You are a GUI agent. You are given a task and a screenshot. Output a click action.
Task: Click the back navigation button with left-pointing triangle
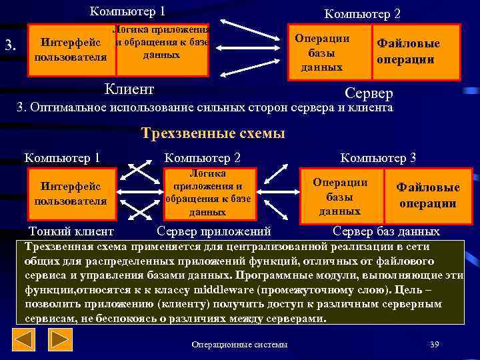click(25, 340)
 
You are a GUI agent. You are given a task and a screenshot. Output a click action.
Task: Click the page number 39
click(435, 344)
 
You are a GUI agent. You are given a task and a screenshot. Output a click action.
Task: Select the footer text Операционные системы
click(239, 344)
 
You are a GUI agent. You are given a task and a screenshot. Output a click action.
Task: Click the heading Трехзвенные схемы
click(213, 133)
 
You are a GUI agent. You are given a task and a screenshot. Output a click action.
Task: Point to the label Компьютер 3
click(378, 158)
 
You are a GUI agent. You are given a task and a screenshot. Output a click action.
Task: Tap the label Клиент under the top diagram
click(130, 89)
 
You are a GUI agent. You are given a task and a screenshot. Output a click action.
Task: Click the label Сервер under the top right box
click(369, 93)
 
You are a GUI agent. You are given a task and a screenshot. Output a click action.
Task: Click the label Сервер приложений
click(213, 232)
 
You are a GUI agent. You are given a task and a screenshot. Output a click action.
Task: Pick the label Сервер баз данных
click(386, 232)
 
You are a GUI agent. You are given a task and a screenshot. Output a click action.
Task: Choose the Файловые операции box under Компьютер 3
click(427, 196)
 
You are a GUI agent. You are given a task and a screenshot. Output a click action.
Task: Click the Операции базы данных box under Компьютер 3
click(340, 196)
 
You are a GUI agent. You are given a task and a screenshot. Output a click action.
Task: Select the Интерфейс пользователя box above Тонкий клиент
click(70, 193)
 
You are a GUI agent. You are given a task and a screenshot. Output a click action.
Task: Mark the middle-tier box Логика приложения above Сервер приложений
click(207, 193)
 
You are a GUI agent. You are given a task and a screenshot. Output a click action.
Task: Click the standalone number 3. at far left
click(10, 45)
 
